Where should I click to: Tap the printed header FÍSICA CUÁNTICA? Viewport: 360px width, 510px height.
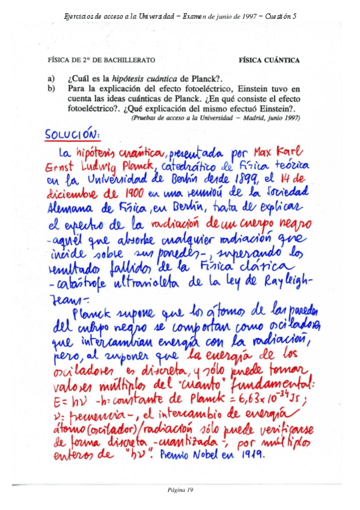tap(269, 60)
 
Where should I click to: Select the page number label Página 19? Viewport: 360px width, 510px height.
tap(180, 490)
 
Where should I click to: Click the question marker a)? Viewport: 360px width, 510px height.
tap(51, 78)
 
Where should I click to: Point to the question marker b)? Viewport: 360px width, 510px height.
tap(52, 89)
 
